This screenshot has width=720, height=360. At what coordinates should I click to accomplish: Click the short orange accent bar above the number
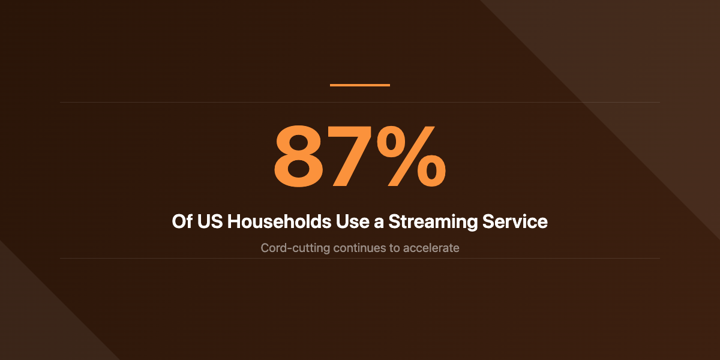[x=360, y=85]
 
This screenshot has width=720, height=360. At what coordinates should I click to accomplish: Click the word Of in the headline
[x=182, y=222]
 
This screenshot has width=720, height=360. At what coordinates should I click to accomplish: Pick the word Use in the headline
[x=350, y=222]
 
